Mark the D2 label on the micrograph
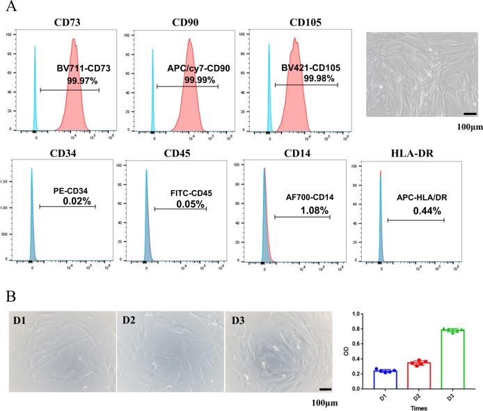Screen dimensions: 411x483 click(129, 320)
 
